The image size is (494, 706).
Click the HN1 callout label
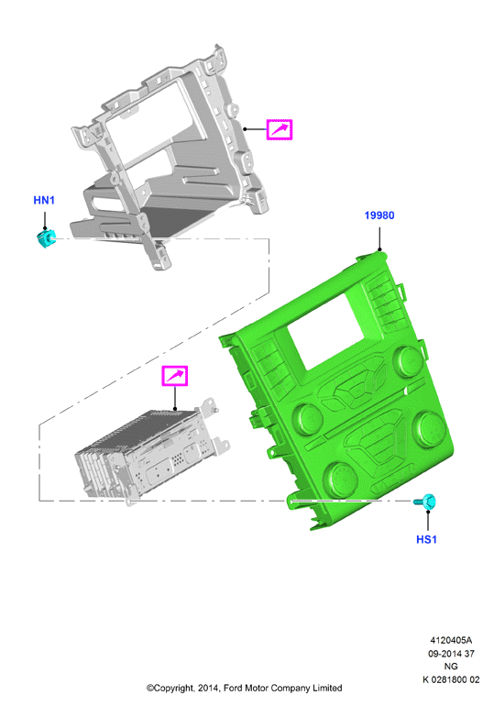[x=44, y=200]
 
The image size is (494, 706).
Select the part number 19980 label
[x=379, y=215]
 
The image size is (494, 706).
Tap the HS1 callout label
[x=426, y=539]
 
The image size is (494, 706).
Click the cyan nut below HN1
[x=46, y=238]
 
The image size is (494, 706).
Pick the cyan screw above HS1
[x=425, y=502]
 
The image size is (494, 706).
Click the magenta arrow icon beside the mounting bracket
[x=280, y=129]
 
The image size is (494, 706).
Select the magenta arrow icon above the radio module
[x=174, y=376]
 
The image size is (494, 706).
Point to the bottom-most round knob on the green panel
[x=340, y=480]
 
